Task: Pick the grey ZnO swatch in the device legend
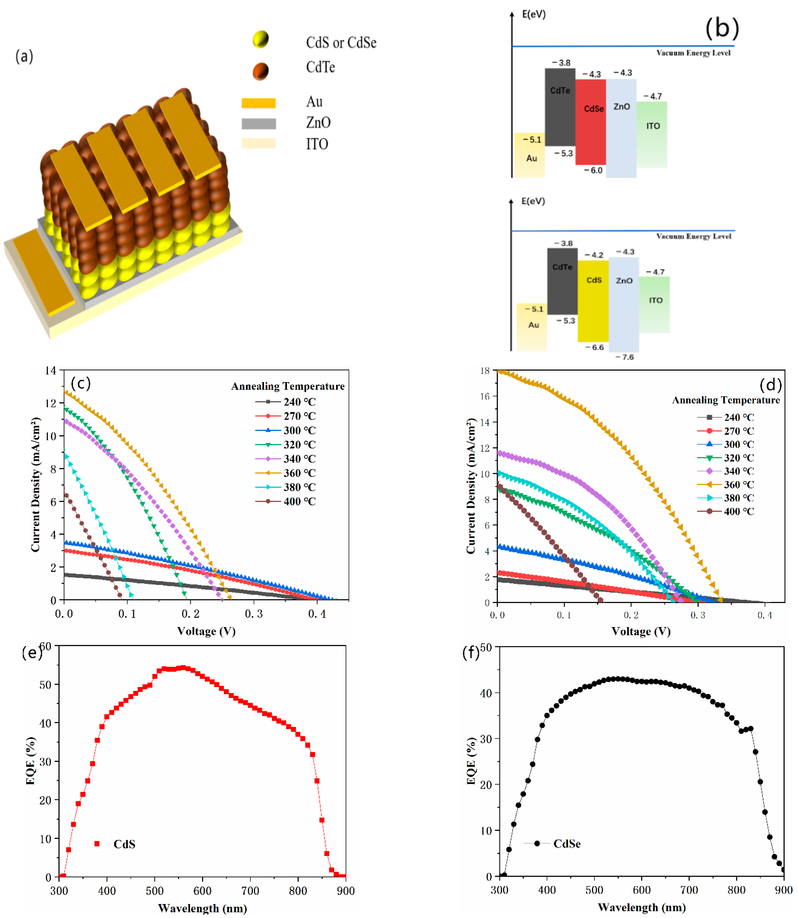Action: point(258,123)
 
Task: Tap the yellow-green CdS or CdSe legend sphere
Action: point(261,39)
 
